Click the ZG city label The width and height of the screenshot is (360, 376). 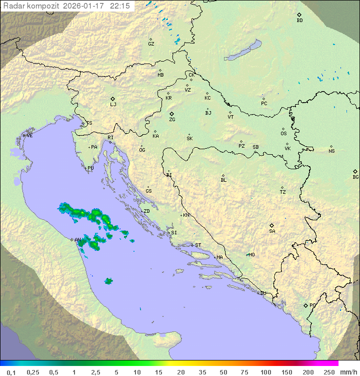pos(172,120)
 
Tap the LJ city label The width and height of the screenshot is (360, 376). pos(113,105)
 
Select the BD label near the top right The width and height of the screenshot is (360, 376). pos(299,21)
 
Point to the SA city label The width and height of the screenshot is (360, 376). pos(272,231)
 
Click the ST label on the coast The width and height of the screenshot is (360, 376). pos(198,245)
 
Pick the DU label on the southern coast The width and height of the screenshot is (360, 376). pos(262,293)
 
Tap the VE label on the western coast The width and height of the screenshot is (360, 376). pos(29,136)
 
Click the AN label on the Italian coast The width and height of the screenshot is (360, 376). pos(77,240)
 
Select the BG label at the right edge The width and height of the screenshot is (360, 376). pos(355,177)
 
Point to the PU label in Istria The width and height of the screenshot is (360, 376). pos(90,168)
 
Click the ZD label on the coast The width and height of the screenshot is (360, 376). pos(146,211)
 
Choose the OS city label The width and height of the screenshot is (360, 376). pos(283,134)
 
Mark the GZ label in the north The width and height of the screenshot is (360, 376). pos(151,44)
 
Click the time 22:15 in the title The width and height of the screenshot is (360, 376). pos(120,6)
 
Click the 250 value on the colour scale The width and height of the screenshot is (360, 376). pos(329,372)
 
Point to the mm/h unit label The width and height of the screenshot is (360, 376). pos(348,372)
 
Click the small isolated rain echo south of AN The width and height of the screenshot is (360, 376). pos(108,281)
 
